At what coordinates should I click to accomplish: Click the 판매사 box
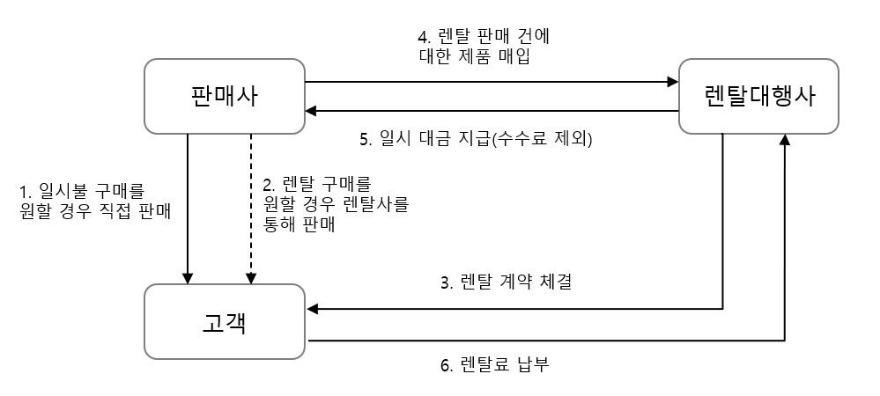click(x=224, y=96)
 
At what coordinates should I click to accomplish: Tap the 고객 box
click(x=224, y=322)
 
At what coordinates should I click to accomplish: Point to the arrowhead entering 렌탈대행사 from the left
click(x=672, y=82)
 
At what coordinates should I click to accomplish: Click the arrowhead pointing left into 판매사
click(x=312, y=111)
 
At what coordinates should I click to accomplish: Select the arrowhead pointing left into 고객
click(x=312, y=309)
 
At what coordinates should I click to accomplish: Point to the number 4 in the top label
click(x=423, y=37)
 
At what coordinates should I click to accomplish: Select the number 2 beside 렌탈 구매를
click(x=267, y=186)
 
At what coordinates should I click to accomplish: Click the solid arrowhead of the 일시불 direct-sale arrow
click(x=188, y=277)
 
